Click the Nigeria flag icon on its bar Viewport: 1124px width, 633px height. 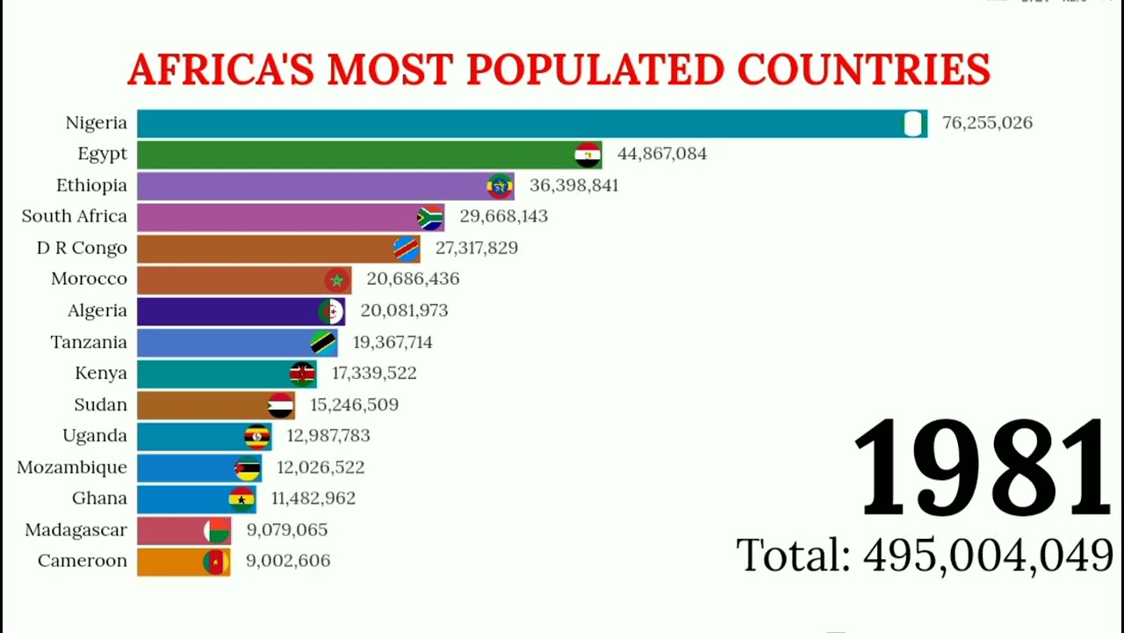[x=914, y=124]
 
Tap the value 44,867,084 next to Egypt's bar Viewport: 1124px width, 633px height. [x=661, y=154]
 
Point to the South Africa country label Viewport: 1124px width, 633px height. [x=75, y=216]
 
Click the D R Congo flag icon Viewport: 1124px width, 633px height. [x=406, y=249]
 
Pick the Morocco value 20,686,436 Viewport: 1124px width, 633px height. [x=413, y=279]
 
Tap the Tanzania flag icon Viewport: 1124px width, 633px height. [x=323, y=342]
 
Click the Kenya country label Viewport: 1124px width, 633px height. [x=101, y=373]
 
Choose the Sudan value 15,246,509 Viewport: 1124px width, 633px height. [x=354, y=404]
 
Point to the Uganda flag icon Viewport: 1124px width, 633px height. [x=256, y=436]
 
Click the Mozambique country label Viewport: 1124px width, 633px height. [x=72, y=467]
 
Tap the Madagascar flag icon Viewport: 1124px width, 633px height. [x=216, y=530]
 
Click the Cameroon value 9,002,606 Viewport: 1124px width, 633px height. [x=288, y=561]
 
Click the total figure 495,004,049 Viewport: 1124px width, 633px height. [x=988, y=556]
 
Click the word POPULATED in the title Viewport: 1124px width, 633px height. [x=597, y=70]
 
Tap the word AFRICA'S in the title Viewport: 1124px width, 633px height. [x=220, y=70]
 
